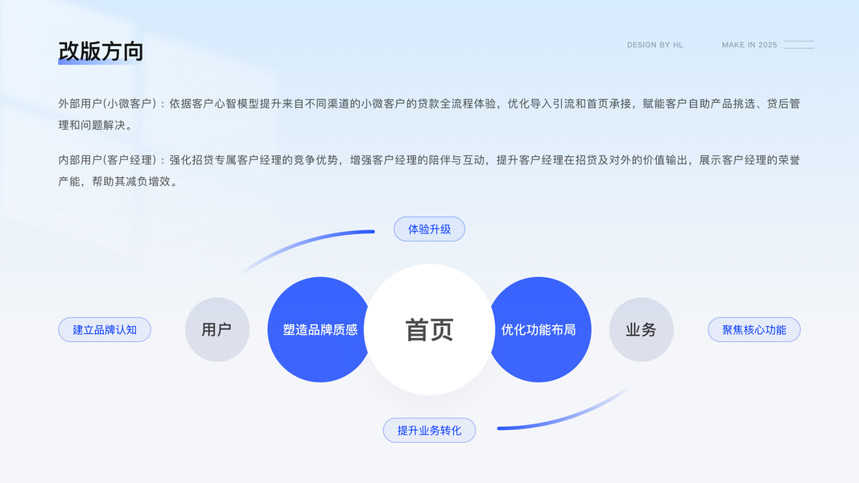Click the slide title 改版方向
tap(101, 51)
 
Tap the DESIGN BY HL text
tap(655, 45)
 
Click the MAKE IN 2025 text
tap(749, 45)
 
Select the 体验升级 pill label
tap(429, 229)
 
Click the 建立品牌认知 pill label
tap(105, 330)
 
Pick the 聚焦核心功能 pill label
tap(754, 330)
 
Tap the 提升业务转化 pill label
tap(429, 431)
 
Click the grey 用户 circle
tap(217, 329)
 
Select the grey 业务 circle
tap(641, 329)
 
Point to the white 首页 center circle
tap(429, 329)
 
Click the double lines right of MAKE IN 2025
tap(799, 45)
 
